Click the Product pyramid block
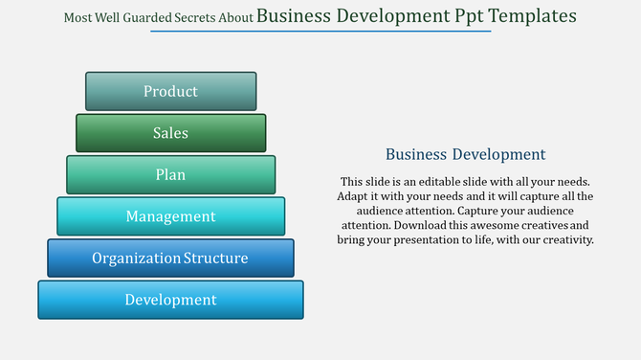(x=170, y=91)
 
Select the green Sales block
(x=170, y=133)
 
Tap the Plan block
(x=170, y=175)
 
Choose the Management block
(x=170, y=216)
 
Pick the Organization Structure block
(x=170, y=259)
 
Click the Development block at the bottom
(x=170, y=300)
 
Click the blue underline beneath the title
(x=320, y=32)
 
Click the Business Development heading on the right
(x=465, y=154)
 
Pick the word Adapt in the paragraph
(x=355, y=195)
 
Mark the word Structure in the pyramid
(x=216, y=259)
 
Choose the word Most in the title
(x=77, y=17)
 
